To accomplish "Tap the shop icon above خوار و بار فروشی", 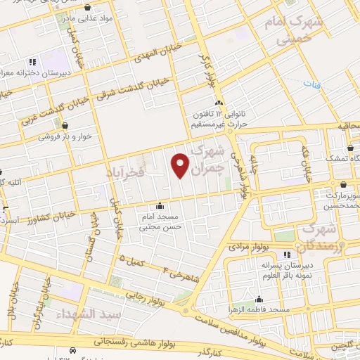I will point(65,126).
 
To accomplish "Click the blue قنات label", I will point(311,83).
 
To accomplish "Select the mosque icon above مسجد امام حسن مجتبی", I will point(162,207).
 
